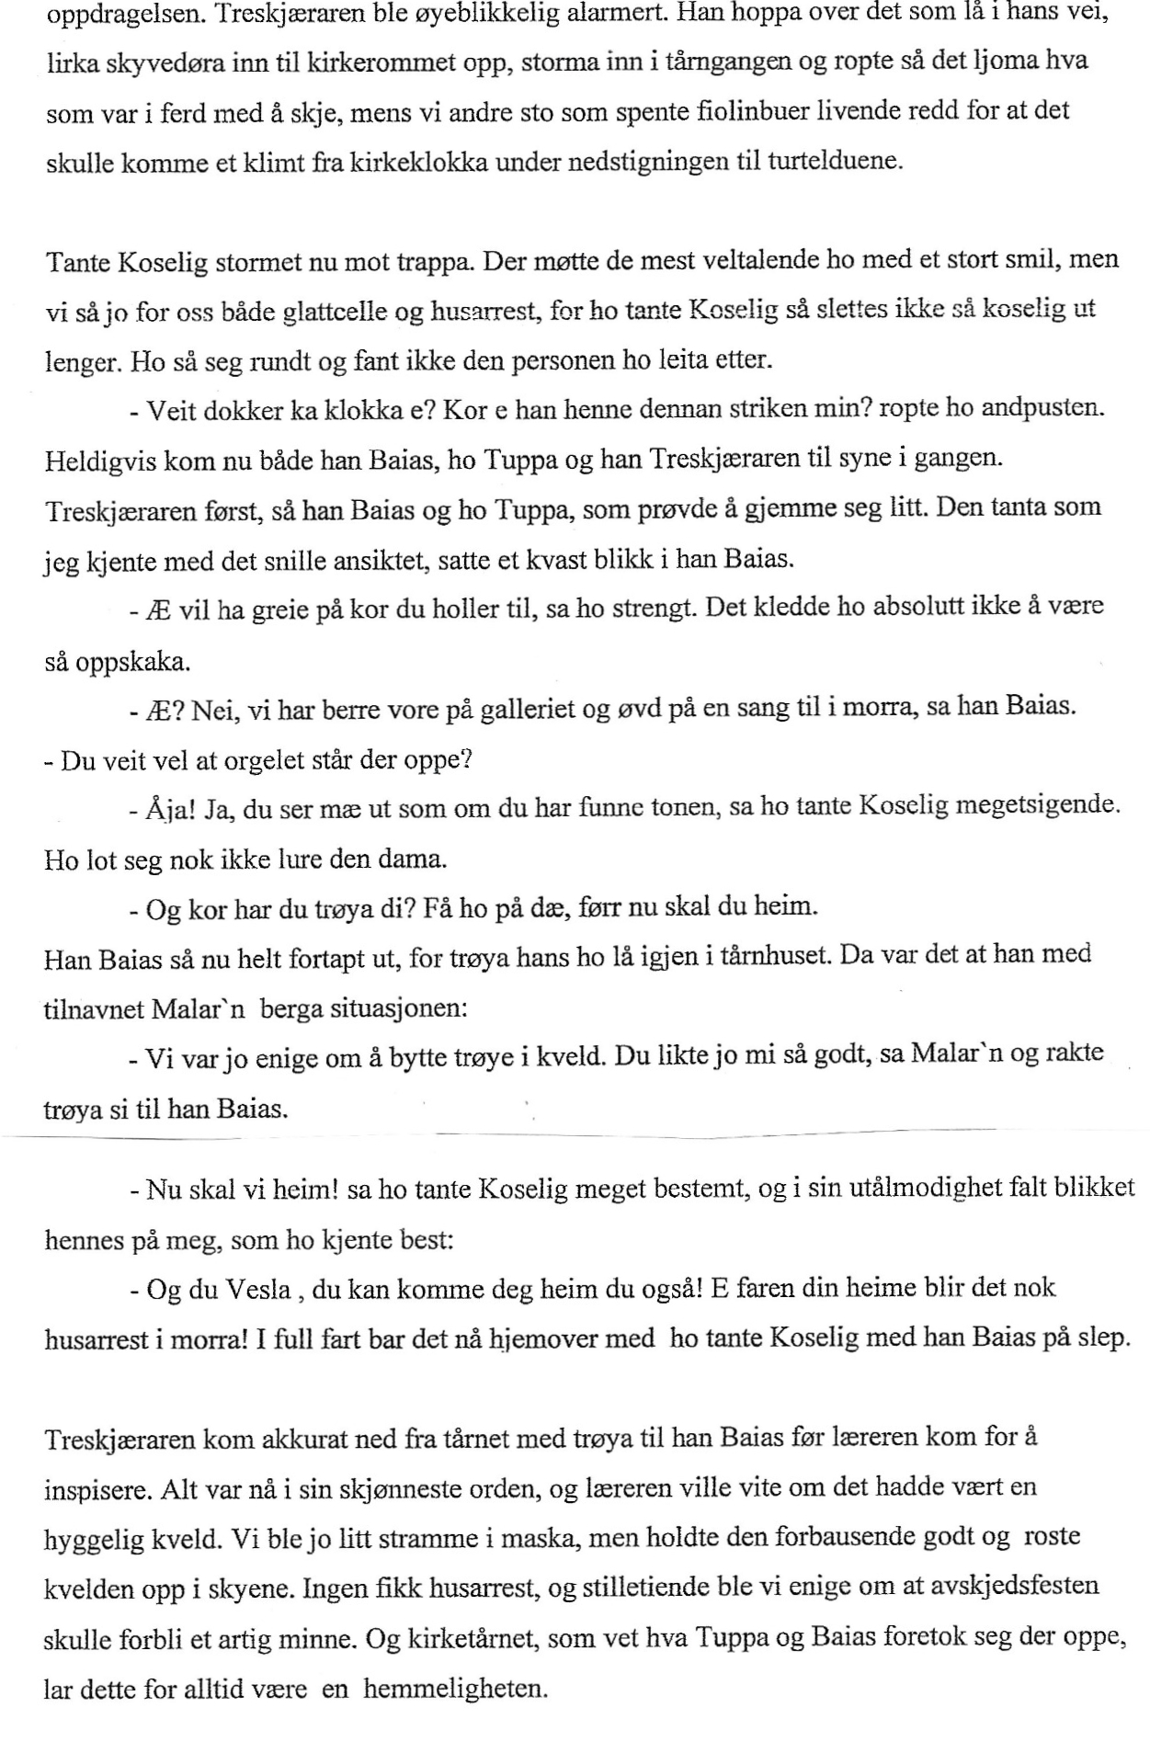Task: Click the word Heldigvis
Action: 97,460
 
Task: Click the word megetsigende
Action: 1037,808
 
